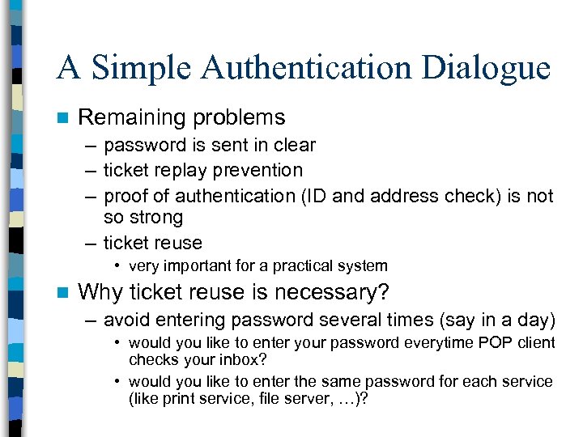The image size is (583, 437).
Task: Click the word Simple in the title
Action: click(x=142, y=68)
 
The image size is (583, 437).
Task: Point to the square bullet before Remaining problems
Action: click(x=61, y=118)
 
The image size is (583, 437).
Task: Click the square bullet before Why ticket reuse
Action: click(x=61, y=291)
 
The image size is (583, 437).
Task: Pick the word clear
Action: click(x=291, y=146)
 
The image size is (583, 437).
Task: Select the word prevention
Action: click(x=262, y=171)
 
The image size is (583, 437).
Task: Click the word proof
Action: click(x=126, y=196)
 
